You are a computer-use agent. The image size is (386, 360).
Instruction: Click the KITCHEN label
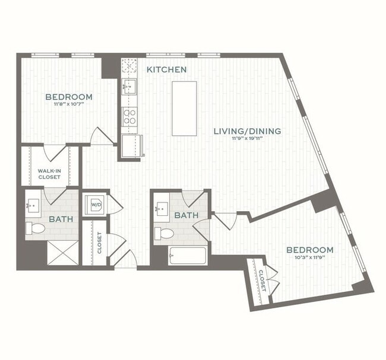167,70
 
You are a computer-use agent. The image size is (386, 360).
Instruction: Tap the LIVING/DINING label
247,131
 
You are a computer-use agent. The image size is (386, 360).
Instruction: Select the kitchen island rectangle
184,109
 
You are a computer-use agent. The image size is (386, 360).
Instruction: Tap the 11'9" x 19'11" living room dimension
248,140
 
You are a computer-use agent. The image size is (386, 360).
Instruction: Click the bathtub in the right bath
187,256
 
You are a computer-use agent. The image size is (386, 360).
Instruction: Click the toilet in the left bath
37,228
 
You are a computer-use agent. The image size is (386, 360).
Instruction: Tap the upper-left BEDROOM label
69,97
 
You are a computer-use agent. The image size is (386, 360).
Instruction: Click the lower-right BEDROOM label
309,250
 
